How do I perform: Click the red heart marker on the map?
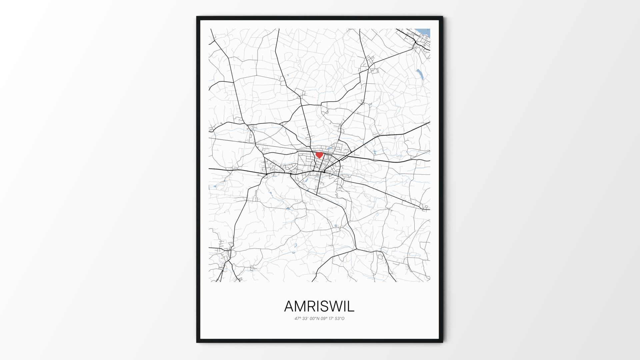point(319,155)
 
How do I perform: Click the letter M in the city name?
point(303,306)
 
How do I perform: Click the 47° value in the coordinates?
point(298,319)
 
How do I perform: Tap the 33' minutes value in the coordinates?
point(306,319)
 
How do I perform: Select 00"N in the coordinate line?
point(315,319)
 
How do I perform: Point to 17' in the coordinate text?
point(332,319)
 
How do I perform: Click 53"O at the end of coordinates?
point(340,319)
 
